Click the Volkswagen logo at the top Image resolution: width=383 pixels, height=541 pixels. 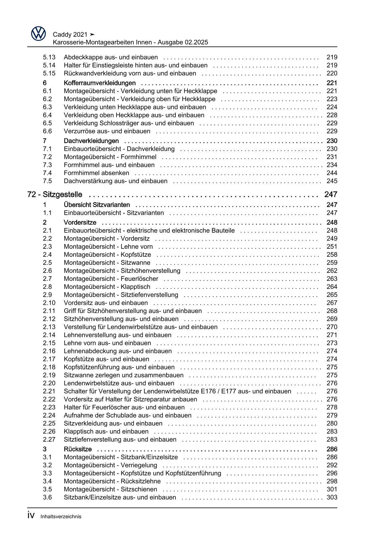38,33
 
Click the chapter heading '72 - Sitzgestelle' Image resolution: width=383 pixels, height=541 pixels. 55,194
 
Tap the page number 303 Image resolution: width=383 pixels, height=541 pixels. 332,497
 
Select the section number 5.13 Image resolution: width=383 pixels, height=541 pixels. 49,57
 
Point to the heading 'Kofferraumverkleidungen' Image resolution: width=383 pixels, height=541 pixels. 99,83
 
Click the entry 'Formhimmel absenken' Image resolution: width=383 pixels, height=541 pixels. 96,173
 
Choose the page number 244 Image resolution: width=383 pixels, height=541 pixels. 332,173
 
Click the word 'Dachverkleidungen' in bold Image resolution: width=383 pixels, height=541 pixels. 91,141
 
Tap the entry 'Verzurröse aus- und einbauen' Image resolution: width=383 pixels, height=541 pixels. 107,131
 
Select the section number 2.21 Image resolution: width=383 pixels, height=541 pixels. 49,391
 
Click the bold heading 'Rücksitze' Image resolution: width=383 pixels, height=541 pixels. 78,449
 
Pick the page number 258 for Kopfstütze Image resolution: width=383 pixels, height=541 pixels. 332,255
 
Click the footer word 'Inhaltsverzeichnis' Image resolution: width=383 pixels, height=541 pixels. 61,517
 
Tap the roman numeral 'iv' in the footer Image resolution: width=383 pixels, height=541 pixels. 31,516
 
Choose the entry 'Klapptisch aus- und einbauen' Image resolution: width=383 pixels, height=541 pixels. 106,431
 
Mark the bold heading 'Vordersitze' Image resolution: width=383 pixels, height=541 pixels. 80,223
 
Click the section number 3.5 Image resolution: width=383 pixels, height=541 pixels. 47,489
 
